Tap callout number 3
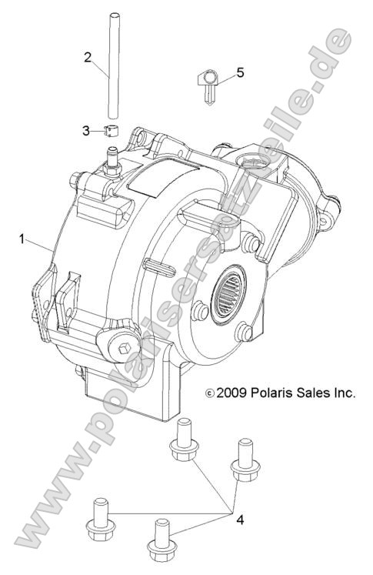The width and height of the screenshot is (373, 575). click(x=86, y=131)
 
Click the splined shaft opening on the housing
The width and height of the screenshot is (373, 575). click(x=233, y=284)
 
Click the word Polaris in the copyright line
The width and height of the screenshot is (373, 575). click(x=272, y=393)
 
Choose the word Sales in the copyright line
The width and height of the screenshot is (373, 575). click(x=316, y=393)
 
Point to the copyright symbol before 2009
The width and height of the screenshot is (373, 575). click(x=210, y=393)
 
